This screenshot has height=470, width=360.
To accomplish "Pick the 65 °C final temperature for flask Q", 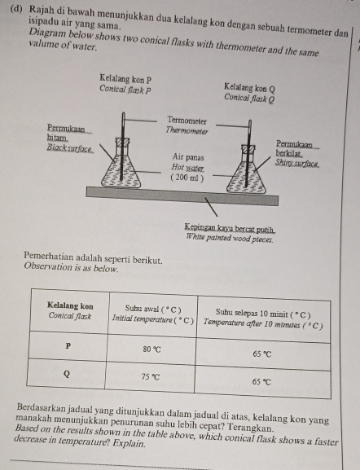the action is click(262, 380).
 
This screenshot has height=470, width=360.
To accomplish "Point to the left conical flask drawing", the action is click(125, 168).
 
